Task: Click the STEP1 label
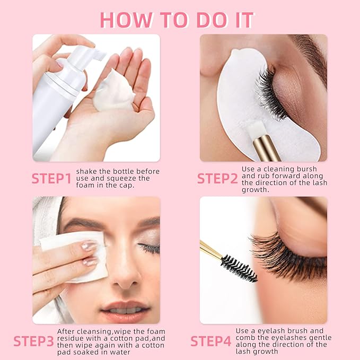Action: [51, 179]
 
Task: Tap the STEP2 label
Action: [217, 179]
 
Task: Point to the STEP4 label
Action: [210, 340]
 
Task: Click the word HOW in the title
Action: [124, 20]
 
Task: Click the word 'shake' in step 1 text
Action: [86, 171]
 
